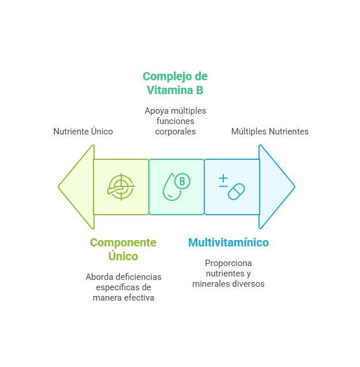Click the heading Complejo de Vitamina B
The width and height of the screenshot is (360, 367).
point(175,83)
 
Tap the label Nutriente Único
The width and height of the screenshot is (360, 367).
point(83,132)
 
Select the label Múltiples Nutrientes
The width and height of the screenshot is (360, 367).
point(269,132)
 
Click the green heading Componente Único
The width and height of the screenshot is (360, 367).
point(123,249)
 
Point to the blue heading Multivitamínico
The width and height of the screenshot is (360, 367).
point(228,242)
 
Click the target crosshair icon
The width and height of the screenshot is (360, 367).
point(121,187)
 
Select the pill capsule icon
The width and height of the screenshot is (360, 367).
point(236,192)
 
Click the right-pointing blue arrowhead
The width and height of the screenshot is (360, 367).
point(276,186)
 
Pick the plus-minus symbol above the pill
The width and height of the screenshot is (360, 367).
point(223,181)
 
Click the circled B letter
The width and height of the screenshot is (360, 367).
point(182,182)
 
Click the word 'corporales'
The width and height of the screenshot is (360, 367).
point(175,131)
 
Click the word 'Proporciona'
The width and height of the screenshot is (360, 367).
point(228,263)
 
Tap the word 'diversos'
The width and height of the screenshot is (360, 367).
point(249,284)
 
